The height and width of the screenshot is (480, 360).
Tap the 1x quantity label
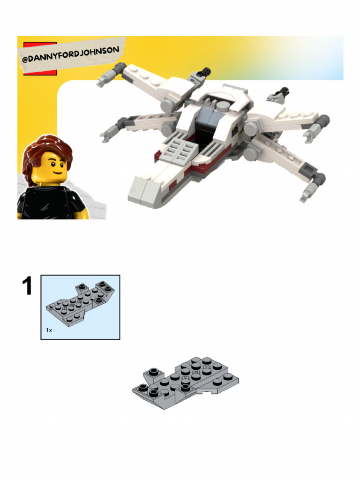pos(49,330)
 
